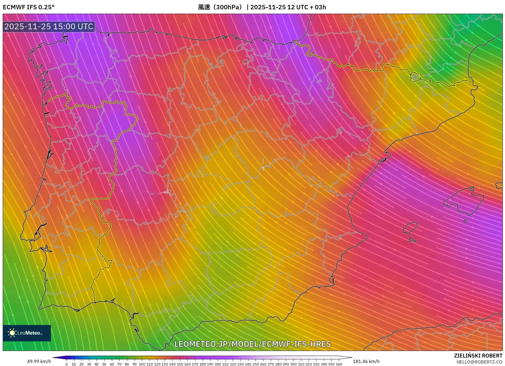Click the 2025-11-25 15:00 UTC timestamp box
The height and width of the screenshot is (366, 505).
point(49,27)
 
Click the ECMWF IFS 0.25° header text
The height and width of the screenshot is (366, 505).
point(28,7)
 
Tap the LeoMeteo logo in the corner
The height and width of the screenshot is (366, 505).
point(27,333)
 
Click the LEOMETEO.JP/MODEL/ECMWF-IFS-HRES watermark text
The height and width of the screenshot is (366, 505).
point(252,344)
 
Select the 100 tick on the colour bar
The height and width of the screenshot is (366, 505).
point(142,364)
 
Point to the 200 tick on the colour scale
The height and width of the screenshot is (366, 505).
point(217,364)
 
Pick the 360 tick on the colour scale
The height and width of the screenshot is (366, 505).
point(339,364)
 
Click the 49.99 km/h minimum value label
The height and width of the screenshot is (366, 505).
point(39,361)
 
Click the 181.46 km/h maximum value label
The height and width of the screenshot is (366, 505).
point(366,361)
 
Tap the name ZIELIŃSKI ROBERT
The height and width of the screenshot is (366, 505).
point(478,356)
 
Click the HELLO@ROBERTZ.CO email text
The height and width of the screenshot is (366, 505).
point(479,362)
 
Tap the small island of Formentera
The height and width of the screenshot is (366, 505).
point(412,240)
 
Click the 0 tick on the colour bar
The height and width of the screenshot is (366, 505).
point(66,364)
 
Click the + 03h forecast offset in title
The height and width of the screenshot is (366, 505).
point(318,7)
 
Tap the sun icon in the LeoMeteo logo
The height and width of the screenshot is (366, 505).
point(12,333)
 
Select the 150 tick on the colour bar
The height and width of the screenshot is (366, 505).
point(180,364)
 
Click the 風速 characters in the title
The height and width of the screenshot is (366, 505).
point(204,7)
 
